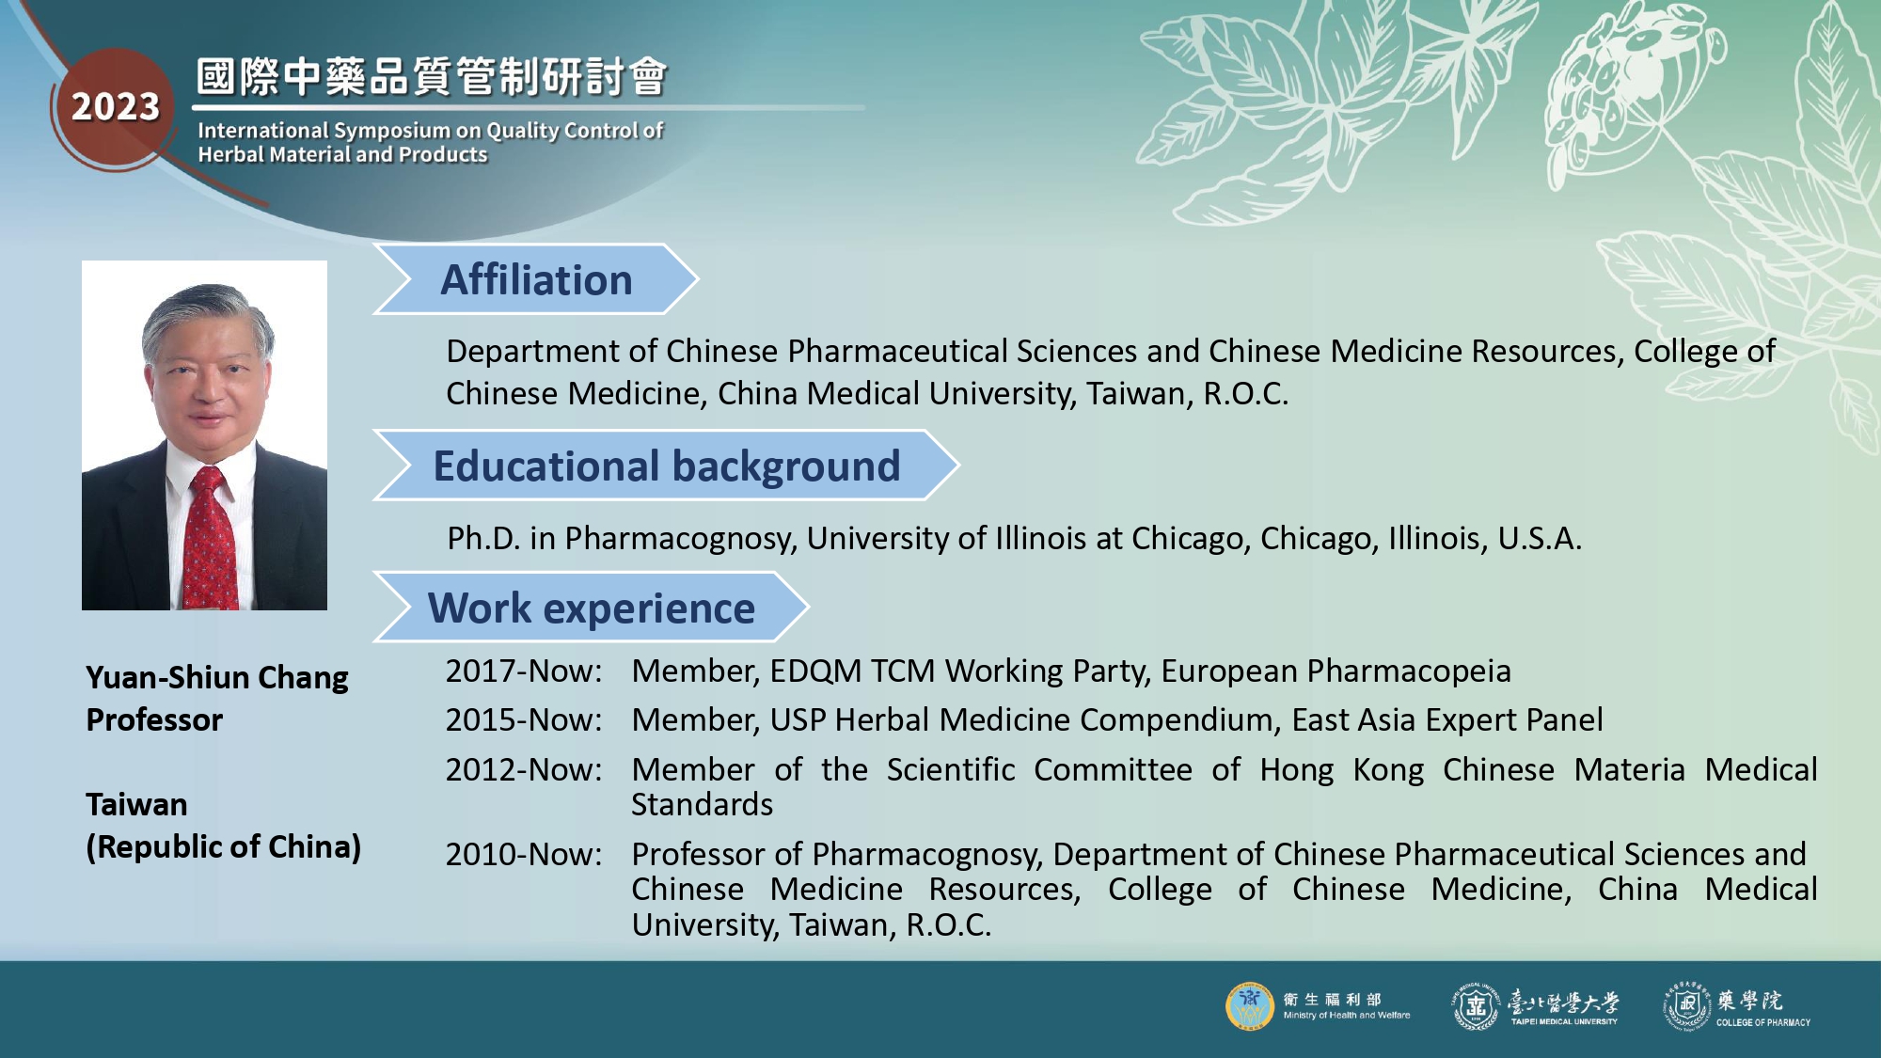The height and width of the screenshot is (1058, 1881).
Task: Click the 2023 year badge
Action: (116, 107)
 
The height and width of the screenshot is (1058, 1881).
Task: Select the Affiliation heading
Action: (536, 280)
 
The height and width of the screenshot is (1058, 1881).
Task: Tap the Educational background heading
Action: (667, 466)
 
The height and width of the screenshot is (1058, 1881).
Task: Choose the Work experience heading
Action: (592, 608)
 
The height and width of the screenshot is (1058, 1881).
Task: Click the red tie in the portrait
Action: (211, 541)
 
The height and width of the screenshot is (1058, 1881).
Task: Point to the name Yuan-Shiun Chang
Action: (217, 677)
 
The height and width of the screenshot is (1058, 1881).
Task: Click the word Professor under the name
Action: (154, 719)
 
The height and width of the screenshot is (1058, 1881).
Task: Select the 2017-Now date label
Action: (524, 671)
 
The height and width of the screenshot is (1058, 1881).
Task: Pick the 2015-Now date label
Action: (524, 719)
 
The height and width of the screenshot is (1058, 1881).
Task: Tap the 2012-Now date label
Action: (524, 769)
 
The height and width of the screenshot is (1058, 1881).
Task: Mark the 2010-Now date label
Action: (524, 854)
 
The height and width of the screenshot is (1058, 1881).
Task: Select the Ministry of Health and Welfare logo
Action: (1250, 1006)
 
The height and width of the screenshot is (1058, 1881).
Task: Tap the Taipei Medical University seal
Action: (1476, 1006)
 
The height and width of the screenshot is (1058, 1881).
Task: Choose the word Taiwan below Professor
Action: (136, 804)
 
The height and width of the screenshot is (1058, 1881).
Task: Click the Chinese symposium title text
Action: (432, 76)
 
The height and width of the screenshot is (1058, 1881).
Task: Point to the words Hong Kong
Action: (1342, 769)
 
